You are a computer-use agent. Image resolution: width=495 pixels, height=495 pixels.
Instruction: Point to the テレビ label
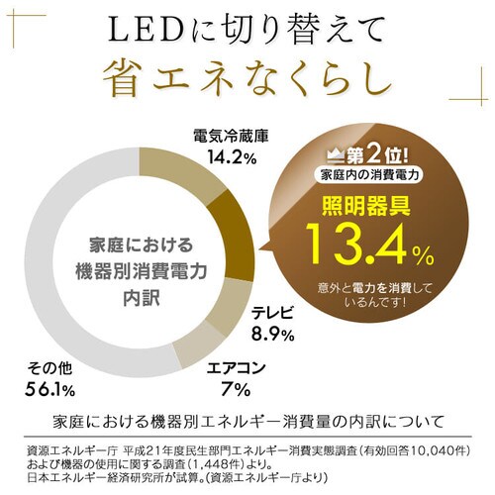click(272, 312)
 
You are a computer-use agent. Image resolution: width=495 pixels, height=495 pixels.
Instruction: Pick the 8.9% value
click(271, 335)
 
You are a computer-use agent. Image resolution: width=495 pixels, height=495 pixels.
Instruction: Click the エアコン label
click(237, 367)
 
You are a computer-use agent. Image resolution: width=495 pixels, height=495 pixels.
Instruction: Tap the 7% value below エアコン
click(235, 390)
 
